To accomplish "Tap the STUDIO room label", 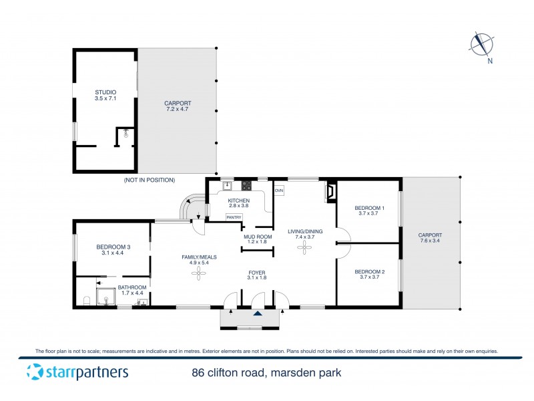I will [105, 92].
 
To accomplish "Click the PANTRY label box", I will [234, 217].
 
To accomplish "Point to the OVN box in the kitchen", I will [279, 190].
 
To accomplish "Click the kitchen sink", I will [226, 185].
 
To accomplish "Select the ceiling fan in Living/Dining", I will [306, 247].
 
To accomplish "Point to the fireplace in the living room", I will [330, 192].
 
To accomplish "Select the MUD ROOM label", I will [257, 237].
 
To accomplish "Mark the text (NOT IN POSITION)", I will [150, 180].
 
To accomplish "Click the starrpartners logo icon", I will [35, 372].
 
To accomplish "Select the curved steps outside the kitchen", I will [192, 206].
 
